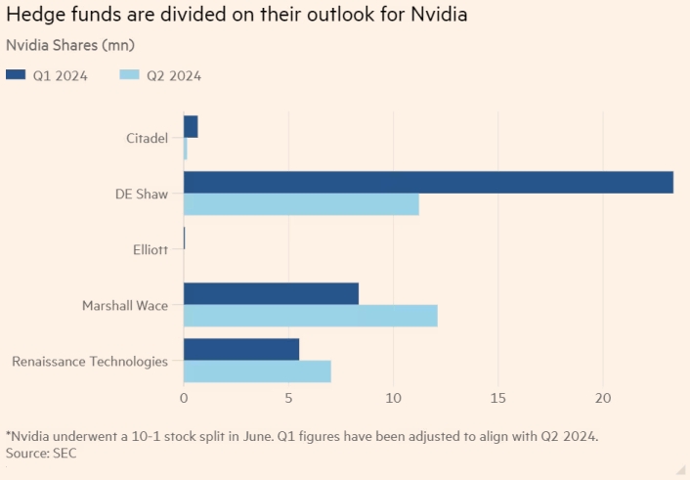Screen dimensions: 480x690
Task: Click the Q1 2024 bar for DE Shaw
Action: point(428,182)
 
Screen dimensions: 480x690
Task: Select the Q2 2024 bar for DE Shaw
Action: point(301,204)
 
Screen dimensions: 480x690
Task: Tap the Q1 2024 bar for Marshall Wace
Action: point(271,293)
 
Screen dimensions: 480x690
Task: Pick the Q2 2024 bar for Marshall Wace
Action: point(310,316)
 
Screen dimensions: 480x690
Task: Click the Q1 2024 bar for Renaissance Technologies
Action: point(241,349)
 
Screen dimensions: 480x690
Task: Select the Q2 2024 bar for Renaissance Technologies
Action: point(257,371)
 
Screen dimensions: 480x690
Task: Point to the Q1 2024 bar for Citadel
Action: point(191,126)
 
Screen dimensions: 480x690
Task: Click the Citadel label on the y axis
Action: point(147,138)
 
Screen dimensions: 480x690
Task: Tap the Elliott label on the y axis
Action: point(149,249)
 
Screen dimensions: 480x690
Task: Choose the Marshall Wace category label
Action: point(124,305)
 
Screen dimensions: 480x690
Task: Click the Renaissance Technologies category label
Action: point(90,361)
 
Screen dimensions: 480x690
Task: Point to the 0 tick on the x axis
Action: point(184,399)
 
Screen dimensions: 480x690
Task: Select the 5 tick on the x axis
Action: point(288,399)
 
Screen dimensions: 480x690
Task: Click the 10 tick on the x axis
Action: point(393,399)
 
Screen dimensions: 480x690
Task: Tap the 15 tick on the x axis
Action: point(498,399)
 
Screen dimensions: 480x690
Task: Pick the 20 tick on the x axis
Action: point(603,399)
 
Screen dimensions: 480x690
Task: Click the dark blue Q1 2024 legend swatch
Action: point(18,75)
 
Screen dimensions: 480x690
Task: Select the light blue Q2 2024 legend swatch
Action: point(131,75)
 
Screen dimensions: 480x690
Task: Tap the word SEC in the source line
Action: point(64,454)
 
